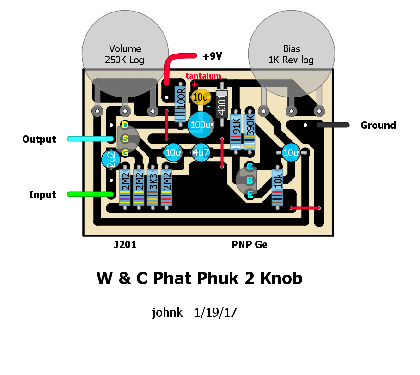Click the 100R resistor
[x=181, y=103]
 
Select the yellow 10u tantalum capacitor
[x=201, y=97]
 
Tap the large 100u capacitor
[x=201, y=124]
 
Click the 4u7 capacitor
[x=201, y=152]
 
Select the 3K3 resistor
[x=152, y=186]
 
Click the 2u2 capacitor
[x=111, y=160]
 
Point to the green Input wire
[x=90, y=194]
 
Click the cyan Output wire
[x=90, y=139]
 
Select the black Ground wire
[x=333, y=125]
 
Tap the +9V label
[x=212, y=56]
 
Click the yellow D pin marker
[x=125, y=125]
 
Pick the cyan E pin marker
[x=250, y=194]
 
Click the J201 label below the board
[x=125, y=245]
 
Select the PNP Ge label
[x=250, y=245]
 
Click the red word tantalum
[x=203, y=76]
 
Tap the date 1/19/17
[x=216, y=313]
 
